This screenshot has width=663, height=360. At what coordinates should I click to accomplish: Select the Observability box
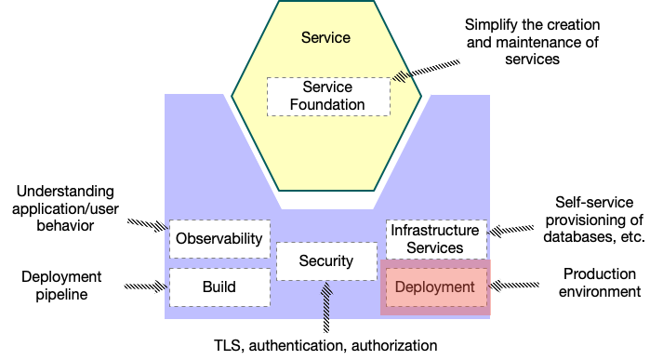tap(219, 238)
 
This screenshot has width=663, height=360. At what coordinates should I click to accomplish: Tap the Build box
tap(219, 287)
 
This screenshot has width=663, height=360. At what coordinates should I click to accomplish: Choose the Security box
tap(326, 261)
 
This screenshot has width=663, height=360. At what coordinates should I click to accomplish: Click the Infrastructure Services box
tap(435, 238)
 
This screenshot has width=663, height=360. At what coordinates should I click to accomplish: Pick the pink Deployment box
tap(435, 287)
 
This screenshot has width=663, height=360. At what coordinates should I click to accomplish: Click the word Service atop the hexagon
tap(326, 38)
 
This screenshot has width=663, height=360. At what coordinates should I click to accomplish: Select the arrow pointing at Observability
tap(148, 224)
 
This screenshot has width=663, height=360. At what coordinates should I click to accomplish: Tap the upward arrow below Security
tap(326, 309)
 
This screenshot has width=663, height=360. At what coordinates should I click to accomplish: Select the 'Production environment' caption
tap(601, 283)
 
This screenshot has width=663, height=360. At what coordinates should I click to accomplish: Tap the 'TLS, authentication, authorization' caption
tap(325, 345)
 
